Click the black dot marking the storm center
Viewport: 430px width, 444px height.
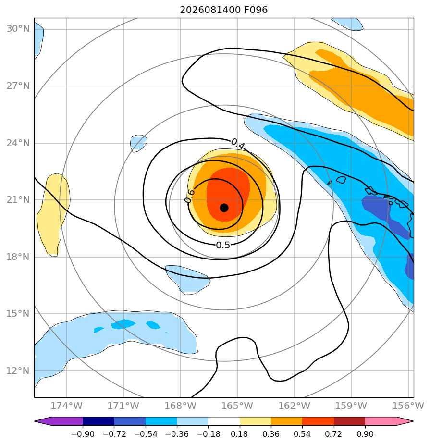point(224,208)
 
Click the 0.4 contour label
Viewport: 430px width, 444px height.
point(238,145)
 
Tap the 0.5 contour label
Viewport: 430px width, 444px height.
point(223,245)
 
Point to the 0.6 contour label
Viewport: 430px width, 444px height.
point(190,196)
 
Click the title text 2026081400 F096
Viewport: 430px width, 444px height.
point(223,10)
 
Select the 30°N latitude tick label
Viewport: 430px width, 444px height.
point(18,29)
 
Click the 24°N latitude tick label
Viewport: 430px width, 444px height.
point(18,143)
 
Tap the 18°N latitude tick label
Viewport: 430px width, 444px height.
point(18,257)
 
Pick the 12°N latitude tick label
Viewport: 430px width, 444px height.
point(18,370)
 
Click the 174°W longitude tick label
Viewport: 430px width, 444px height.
point(66,406)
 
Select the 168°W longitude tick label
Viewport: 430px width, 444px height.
point(180,406)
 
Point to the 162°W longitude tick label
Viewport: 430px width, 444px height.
point(295,406)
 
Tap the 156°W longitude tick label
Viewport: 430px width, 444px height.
point(408,406)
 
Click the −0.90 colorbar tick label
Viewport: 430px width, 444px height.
point(83,434)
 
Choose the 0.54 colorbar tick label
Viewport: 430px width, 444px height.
point(302,434)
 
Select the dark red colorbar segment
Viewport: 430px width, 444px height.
point(349,421)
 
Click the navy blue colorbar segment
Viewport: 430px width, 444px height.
point(98,421)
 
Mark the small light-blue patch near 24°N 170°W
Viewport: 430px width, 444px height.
point(138,143)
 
